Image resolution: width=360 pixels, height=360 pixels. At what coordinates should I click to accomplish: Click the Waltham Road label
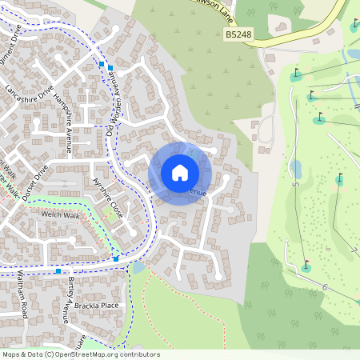tap(24, 296)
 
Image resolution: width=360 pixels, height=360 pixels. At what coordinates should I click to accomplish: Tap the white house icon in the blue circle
tap(180, 173)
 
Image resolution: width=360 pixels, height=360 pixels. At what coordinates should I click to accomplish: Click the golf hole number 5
tap(295, 185)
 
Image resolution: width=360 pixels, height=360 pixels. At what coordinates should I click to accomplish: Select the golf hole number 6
tap(325, 286)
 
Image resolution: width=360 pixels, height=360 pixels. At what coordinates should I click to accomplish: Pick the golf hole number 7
tap(354, 250)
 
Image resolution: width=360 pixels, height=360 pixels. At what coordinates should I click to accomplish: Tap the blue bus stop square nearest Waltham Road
tap(58, 271)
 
